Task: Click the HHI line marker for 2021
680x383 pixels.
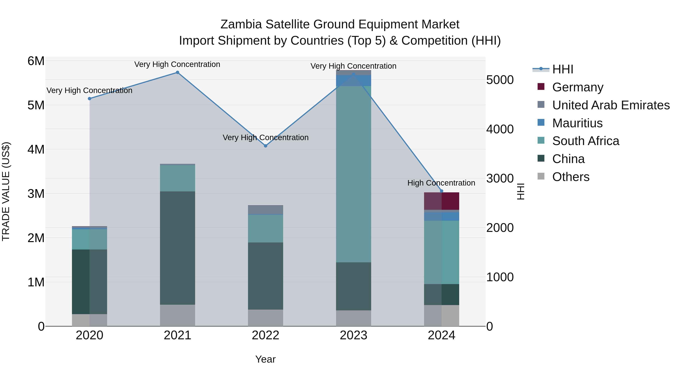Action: pyautogui.click(x=177, y=72)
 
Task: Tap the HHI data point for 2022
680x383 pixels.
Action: pyautogui.click(x=266, y=146)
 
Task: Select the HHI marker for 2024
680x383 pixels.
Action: pyautogui.click(x=442, y=191)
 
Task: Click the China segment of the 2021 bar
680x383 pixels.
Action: pyautogui.click(x=177, y=248)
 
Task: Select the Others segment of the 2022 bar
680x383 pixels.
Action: pyautogui.click(x=266, y=318)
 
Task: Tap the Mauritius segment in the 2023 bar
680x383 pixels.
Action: pyautogui.click(x=353, y=81)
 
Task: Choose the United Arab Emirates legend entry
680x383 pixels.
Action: pyautogui.click(x=610, y=105)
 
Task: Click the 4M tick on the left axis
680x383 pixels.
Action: pyautogui.click(x=36, y=150)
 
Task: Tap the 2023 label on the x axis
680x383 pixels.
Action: pyautogui.click(x=353, y=335)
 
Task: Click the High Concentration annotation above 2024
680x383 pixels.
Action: pyautogui.click(x=441, y=183)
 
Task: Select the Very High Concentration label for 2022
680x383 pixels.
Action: pyautogui.click(x=266, y=138)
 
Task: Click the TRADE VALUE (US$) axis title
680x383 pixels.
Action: pyautogui.click(x=6, y=191)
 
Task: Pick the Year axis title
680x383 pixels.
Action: pyautogui.click(x=265, y=359)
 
